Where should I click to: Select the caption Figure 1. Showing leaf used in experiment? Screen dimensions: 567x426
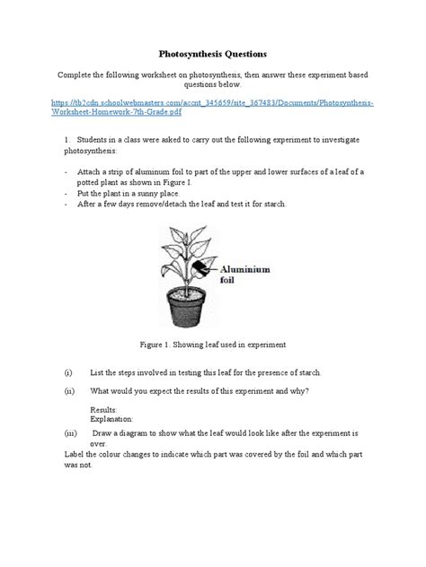pos(212,343)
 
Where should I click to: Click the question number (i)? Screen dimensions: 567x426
pos(68,371)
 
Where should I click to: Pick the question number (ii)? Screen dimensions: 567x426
pos(69,391)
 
